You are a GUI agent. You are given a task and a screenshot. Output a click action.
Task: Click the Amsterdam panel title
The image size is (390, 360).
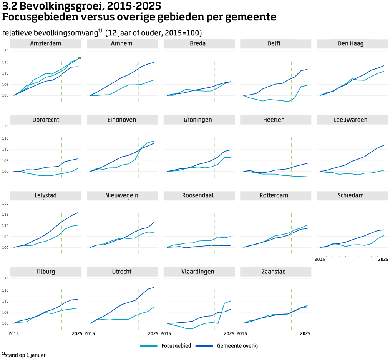click(45, 43)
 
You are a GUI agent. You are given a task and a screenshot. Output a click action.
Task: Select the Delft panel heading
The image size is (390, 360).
click(275, 43)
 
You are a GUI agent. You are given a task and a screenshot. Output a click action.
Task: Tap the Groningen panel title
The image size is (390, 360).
click(199, 120)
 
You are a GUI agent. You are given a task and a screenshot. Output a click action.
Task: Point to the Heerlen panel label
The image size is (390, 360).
click(275, 120)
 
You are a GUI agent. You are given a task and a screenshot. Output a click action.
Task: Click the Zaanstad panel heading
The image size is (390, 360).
click(275, 272)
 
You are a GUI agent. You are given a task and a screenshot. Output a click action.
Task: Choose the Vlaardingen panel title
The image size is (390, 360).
click(199, 272)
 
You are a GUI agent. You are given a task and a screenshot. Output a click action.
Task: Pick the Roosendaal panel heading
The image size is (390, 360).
click(199, 196)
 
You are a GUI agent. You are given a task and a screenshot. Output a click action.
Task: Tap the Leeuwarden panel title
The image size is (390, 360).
click(352, 120)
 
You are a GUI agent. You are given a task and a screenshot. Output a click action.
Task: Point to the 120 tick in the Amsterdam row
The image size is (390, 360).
click(5, 51)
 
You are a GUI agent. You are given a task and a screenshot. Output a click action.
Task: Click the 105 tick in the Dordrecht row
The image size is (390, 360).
click(5, 160)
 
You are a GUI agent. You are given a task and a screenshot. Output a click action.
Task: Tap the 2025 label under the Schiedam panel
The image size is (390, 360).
click(383, 260)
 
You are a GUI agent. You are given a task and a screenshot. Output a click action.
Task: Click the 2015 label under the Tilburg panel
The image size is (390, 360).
click(13, 334)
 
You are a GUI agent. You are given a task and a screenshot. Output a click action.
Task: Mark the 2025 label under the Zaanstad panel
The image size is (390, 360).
click(305, 334)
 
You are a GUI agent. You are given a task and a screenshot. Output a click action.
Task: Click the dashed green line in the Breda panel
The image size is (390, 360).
click(215, 81)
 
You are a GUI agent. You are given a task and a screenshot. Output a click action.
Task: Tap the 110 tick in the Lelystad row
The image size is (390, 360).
click(5, 225)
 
